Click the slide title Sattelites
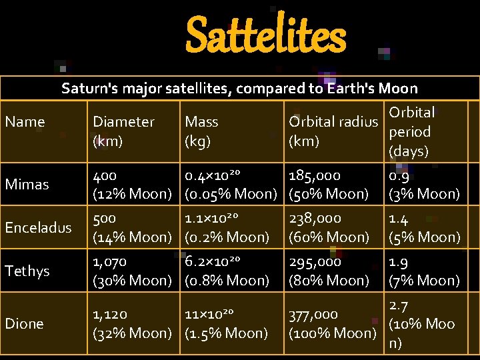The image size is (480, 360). pyautogui.click(x=265, y=37)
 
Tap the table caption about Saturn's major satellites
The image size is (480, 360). pyautogui.click(x=239, y=88)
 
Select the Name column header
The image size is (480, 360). pyautogui.click(x=25, y=122)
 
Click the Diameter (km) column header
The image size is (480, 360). pyautogui.click(x=123, y=131)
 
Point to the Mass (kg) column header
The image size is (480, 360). pyautogui.click(x=201, y=131)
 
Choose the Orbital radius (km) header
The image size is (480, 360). pyautogui.click(x=333, y=131)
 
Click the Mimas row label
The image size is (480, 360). pyautogui.click(x=27, y=185)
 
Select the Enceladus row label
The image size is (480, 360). pyautogui.click(x=37, y=227)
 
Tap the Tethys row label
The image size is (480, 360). pyautogui.click(x=27, y=271)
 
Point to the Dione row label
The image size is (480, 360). pyautogui.click(x=24, y=324)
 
